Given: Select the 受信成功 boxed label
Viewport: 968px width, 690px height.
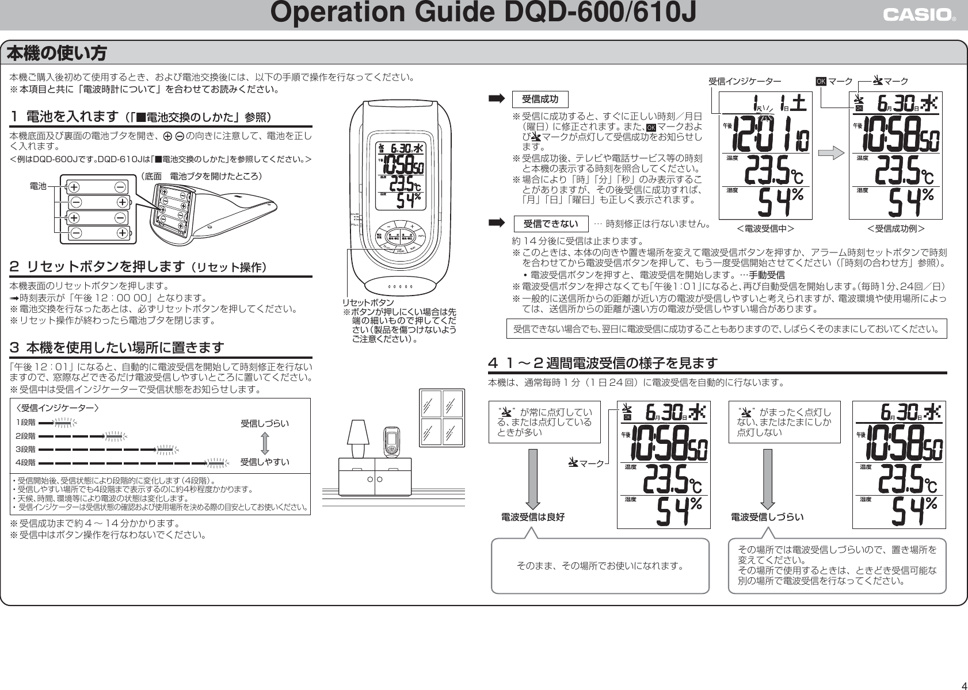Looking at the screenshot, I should (x=540, y=99).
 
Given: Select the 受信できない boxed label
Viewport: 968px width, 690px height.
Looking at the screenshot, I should (x=550, y=223).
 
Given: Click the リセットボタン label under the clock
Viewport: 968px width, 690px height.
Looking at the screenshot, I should (x=368, y=302).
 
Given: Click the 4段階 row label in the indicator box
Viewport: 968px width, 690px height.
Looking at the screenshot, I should (x=25, y=462).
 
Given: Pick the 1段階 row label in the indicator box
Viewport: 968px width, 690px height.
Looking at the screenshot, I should (x=25, y=423).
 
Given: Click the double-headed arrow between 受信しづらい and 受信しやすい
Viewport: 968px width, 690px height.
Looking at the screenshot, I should (x=264, y=443).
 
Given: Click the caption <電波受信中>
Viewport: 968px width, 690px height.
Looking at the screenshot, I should (x=765, y=229).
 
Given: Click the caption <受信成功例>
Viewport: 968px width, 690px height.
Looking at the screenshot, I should (x=895, y=229).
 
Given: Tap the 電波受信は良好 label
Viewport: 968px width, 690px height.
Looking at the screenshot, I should (x=533, y=517).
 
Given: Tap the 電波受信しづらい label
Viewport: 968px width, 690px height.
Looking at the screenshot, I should (x=767, y=517).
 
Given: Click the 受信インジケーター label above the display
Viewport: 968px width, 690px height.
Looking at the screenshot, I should (x=744, y=82).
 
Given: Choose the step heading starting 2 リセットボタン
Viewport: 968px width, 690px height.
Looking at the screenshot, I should (x=138, y=267).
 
